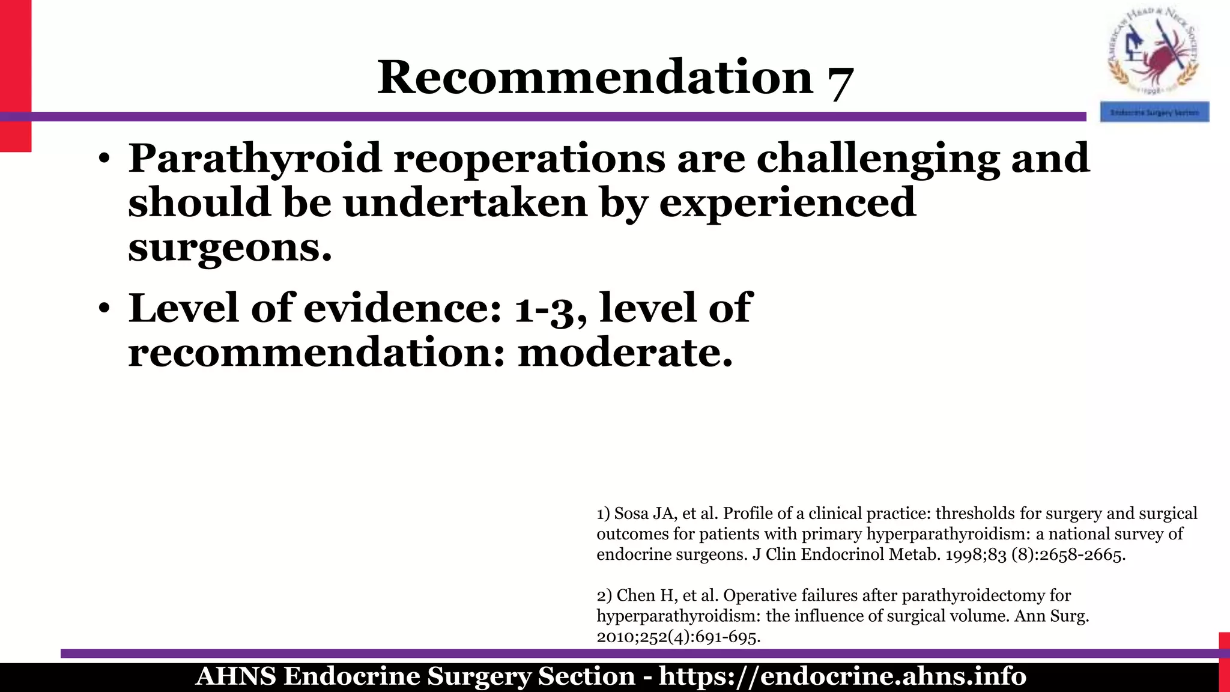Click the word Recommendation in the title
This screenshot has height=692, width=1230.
595,77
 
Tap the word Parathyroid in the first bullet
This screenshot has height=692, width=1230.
255,158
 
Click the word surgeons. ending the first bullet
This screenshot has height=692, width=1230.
230,247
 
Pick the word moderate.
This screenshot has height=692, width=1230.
625,353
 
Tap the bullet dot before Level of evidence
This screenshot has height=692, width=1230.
105,309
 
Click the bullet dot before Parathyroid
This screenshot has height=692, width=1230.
105,159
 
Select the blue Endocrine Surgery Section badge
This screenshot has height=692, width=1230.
1154,112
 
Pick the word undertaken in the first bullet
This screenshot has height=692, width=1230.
465,202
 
